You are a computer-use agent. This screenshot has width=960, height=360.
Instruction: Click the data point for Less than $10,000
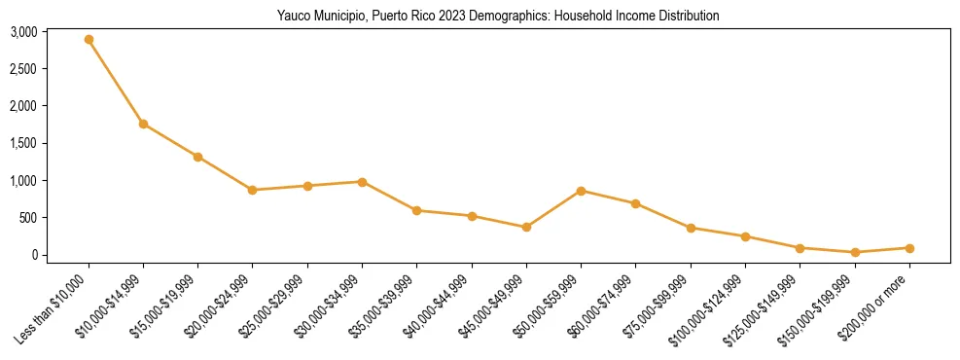pyautogui.click(x=89, y=40)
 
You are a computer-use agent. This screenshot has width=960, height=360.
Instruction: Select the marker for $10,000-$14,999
pyautogui.click(x=143, y=124)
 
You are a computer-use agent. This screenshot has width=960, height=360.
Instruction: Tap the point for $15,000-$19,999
pyautogui.click(x=197, y=157)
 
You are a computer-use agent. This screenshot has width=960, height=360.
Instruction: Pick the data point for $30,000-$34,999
pyautogui.click(x=362, y=182)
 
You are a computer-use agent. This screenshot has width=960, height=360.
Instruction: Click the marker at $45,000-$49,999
pyautogui.click(x=526, y=227)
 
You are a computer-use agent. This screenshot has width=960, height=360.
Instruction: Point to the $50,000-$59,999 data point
pyautogui.click(x=581, y=191)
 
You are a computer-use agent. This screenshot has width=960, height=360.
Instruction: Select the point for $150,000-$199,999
pyautogui.click(x=855, y=252)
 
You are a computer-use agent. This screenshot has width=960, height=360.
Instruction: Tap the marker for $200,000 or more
pyautogui.click(x=909, y=248)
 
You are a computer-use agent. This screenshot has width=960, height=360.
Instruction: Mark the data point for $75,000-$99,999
pyautogui.click(x=691, y=228)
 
